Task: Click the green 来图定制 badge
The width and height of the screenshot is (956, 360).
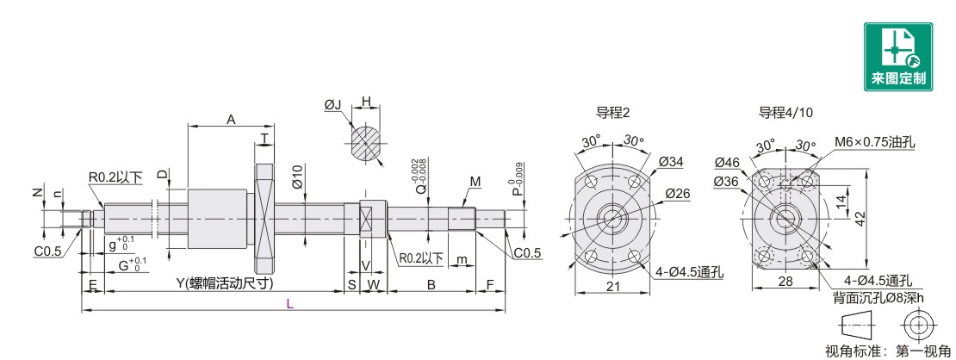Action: click(898, 57)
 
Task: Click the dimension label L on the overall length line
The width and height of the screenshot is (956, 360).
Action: click(290, 304)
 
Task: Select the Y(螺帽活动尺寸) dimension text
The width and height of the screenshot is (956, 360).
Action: click(225, 283)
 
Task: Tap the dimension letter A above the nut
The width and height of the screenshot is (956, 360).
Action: click(231, 120)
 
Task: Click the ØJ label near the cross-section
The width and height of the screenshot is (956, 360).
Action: click(333, 106)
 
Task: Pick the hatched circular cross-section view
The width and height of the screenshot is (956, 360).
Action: click(366, 144)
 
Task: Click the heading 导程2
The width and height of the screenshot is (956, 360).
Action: click(612, 112)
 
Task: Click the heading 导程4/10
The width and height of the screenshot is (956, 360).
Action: click(785, 112)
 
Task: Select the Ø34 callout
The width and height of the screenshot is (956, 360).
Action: click(671, 161)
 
